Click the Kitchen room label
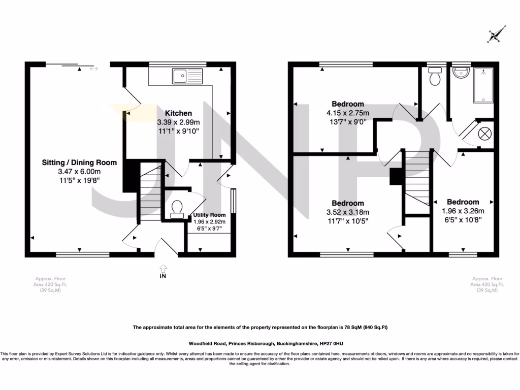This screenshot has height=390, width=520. point(178,113)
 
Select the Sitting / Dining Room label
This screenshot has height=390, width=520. point(79,162)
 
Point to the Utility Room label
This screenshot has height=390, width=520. point(209,215)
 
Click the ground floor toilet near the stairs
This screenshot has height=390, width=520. point(177,209)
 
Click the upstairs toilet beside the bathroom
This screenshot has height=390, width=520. point(435,77)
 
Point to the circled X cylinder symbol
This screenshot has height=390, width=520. point(485,134)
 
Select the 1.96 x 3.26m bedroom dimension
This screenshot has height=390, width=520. point(463,211)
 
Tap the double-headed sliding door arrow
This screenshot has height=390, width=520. point(93,69)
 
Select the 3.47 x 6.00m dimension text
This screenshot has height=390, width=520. point(79,172)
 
